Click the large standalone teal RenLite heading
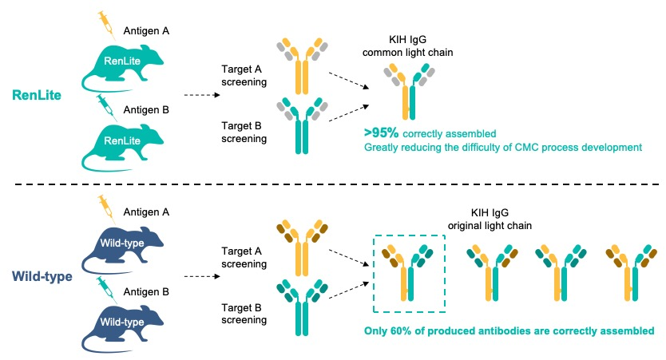(x=37, y=95)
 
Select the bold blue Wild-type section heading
(x=42, y=276)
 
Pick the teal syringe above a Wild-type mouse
(x=107, y=289)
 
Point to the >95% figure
(x=382, y=133)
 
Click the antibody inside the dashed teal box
(x=408, y=272)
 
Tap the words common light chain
(x=407, y=52)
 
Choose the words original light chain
(x=490, y=225)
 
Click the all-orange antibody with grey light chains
(x=302, y=65)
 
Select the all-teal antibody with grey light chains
(x=302, y=125)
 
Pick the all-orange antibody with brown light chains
(x=302, y=247)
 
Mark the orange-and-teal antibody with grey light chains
(x=409, y=91)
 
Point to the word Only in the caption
(x=375, y=330)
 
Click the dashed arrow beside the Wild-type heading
(x=202, y=276)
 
